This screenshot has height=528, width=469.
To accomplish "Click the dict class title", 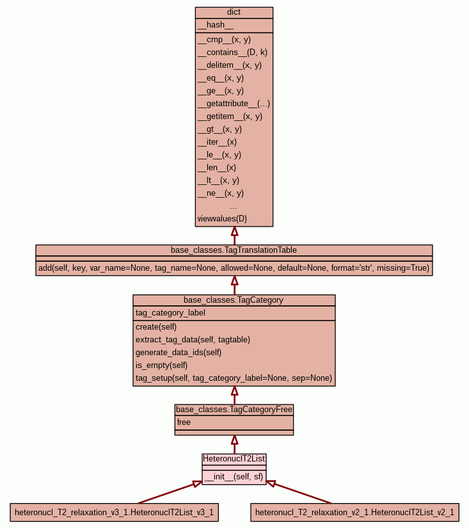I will [x=234, y=13].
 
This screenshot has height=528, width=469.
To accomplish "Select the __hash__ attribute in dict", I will [x=216, y=26].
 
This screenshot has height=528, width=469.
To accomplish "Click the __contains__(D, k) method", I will [x=232, y=52].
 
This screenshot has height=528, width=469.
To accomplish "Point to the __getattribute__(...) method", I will [x=234, y=104].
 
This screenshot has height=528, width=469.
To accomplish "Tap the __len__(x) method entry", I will [x=217, y=168].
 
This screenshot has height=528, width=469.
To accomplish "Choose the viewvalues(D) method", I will [x=222, y=219].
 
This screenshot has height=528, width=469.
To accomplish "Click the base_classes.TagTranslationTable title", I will [x=234, y=250].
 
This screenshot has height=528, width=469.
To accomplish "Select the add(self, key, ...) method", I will [x=234, y=268].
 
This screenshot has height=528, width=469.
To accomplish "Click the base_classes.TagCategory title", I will [x=234, y=300].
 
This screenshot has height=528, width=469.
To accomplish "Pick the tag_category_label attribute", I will [x=170, y=313].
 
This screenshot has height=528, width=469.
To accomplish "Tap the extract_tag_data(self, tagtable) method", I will [x=193, y=340].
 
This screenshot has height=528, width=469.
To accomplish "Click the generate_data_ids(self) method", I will [x=179, y=353].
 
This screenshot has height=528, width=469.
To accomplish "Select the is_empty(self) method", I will [x=161, y=365].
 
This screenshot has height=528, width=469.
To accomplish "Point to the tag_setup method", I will [x=234, y=378].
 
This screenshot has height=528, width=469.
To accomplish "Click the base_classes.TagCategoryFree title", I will [x=234, y=410].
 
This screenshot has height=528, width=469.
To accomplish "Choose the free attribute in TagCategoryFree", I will [x=184, y=422].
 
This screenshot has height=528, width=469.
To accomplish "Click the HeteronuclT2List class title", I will [x=234, y=459].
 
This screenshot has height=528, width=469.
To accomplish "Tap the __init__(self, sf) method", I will [x=234, y=477].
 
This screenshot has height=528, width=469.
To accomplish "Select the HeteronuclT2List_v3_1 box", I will [x=114, y=512].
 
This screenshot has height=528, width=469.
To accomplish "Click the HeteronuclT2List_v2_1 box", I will [x=354, y=512].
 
